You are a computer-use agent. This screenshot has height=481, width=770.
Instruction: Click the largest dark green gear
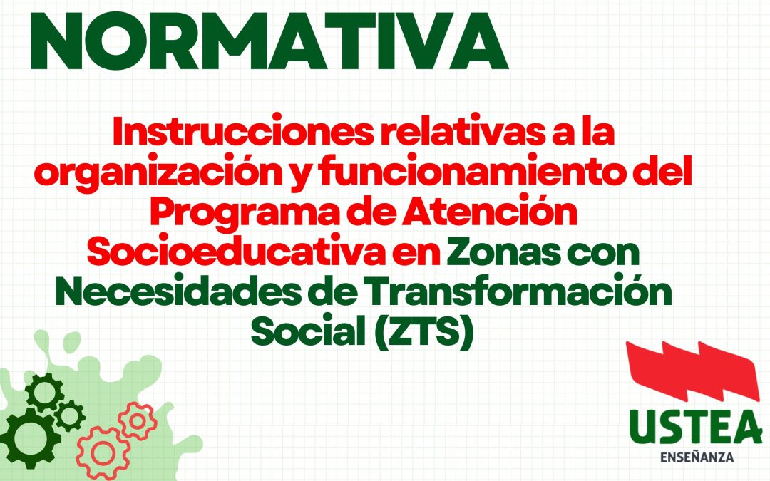coord(27,435)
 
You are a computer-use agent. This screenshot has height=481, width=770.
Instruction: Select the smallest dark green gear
coord(69,415)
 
